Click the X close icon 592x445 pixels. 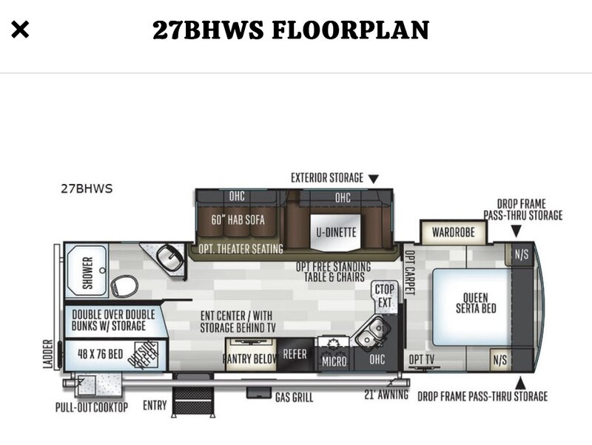pos(20,30)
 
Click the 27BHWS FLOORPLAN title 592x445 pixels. pos(291,30)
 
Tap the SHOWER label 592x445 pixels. pos(87,272)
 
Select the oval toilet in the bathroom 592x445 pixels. pos(124,285)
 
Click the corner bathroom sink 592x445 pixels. pos(169,257)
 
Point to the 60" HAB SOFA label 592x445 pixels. pos(238,220)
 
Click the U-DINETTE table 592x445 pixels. pos(336,232)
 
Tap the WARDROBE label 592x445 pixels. pos(454,232)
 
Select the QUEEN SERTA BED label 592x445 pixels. pos(476,303)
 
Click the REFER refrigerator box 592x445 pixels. pos(295,354)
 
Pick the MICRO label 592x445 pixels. pos(334,361)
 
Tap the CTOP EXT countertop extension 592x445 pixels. pos(384,297)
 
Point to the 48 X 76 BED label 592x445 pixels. pos(101,354)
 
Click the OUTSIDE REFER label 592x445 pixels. pos(142,354)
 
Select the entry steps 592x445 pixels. pos(193,396)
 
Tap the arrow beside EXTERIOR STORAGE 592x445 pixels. pos(373,179)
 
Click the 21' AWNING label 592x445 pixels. pos(386,395)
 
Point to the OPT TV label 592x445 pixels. pos(422,359)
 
